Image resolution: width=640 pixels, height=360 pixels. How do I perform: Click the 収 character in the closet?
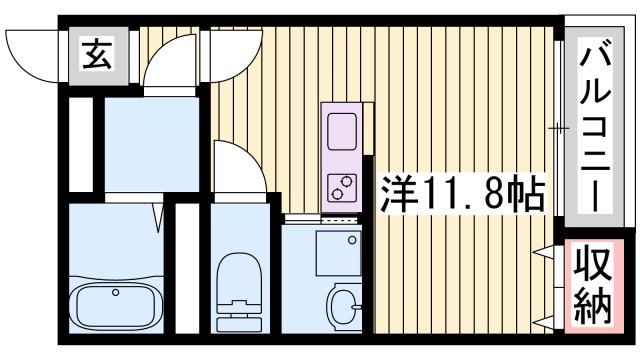tap(594, 267)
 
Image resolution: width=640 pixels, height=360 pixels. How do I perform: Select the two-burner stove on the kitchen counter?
tap(340, 185)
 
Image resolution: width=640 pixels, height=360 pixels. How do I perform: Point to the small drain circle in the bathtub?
tap(116, 293)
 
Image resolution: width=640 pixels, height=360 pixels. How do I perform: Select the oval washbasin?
tap(344, 304)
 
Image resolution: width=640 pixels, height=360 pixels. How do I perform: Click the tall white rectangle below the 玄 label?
tap(81, 145)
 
